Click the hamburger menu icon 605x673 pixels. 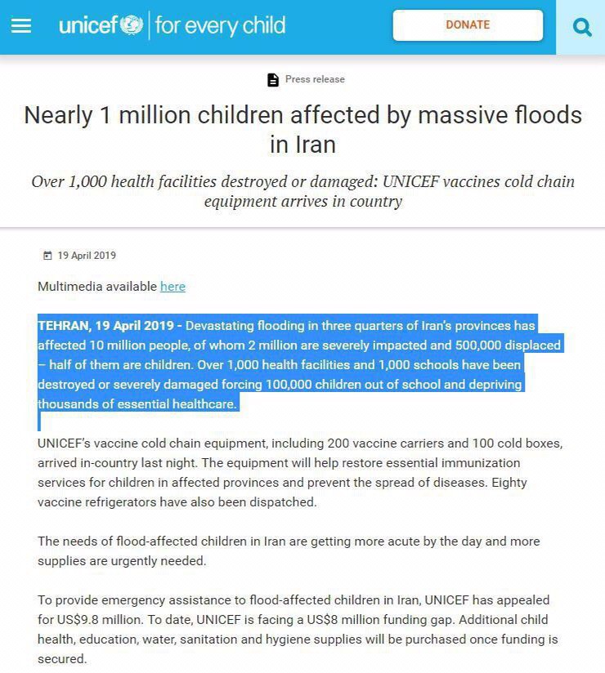[21, 26]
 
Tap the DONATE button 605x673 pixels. [468, 25]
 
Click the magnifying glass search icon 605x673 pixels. [582, 28]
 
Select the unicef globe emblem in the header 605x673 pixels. [131, 26]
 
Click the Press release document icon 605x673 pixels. [273, 80]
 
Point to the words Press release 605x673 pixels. [315, 79]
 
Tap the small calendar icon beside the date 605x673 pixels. [47, 256]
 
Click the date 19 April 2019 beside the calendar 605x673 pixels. [87, 256]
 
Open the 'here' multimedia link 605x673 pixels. [173, 287]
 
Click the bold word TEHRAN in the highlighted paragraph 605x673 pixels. [64, 325]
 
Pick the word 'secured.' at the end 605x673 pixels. [62, 659]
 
